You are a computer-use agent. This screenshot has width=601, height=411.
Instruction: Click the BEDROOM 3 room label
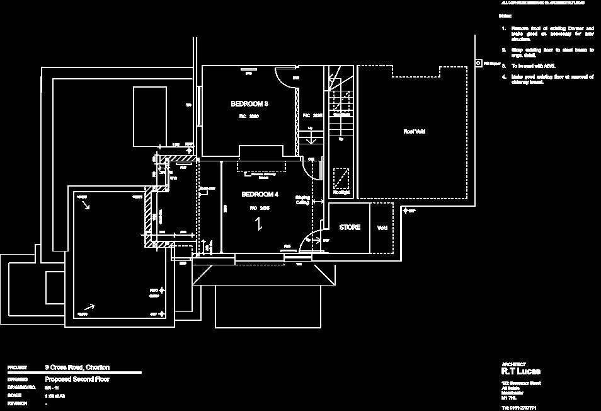[x=249, y=103]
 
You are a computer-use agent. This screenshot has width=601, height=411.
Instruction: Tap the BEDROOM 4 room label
[x=260, y=194]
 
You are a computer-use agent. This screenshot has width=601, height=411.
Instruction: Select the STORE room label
[x=350, y=228]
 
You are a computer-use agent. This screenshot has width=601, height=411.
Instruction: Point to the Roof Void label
[x=414, y=132]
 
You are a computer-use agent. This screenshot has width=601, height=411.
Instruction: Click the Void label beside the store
[x=382, y=228]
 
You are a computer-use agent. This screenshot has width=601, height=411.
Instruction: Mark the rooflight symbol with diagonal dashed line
[x=342, y=178]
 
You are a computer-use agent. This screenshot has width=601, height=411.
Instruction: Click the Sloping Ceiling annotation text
[x=302, y=200]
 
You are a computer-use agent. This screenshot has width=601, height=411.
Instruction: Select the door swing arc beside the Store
[x=310, y=239]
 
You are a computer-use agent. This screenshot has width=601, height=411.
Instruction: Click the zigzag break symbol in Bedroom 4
[x=259, y=224]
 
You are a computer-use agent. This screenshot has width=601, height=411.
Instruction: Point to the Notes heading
[x=505, y=15]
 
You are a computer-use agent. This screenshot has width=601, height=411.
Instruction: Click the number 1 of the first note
[x=504, y=29]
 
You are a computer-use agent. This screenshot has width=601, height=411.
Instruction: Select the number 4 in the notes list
[x=504, y=77]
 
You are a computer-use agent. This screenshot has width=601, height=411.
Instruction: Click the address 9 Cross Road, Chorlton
[x=77, y=368]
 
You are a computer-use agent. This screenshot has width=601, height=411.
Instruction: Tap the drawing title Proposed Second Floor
[x=77, y=379]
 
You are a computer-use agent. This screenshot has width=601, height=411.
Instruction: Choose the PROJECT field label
[x=17, y=368]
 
